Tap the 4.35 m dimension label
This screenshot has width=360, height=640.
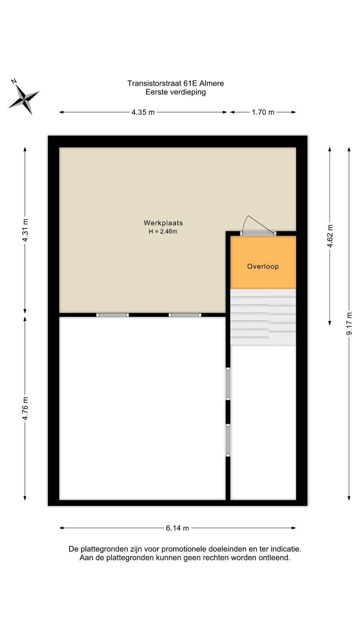click(143, 112)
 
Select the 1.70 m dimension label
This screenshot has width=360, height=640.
click(263, 112)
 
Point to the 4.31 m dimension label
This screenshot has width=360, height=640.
click(25, 230)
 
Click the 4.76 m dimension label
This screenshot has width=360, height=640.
click(25, 408)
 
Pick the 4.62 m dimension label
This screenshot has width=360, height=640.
click(330, 236)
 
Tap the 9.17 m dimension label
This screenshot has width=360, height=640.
click(349, 324)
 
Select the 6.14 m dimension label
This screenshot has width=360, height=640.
click(178, 528)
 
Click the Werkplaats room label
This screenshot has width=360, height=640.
click(163, 223)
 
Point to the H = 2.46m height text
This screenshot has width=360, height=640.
click(163, 232)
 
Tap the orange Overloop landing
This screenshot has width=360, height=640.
click(263, 262)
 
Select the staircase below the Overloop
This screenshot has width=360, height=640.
click(263, 317)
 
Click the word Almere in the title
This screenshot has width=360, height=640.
click(212, 84)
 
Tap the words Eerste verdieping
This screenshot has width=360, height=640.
click(176, 92)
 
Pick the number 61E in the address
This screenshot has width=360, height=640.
click(190, 84)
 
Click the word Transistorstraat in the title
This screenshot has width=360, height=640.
click(154, 84)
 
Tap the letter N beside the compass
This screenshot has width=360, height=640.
click(14, 82)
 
